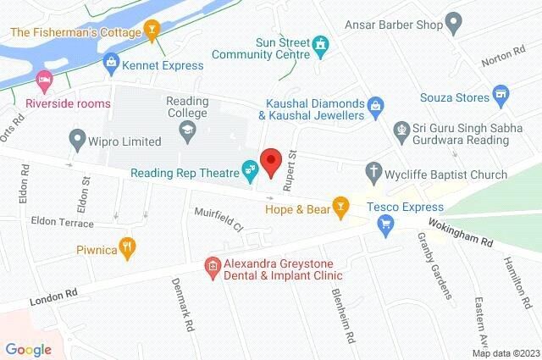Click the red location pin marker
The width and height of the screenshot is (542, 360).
tap(271, 161)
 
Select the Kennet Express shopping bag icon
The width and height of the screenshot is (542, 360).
tap(111, 64)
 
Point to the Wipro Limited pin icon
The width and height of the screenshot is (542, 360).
tap(78, 136)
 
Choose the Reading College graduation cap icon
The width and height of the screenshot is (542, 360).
tap(186, 130)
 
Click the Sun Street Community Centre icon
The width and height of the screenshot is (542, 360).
tap(320, 42)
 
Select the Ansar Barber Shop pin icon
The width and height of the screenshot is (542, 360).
tap(455, 25)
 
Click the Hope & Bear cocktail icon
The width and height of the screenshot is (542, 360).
tap(341, 205)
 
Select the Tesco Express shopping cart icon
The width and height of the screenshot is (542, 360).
tap(386, 224)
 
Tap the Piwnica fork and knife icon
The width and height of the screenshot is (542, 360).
tap(128, 246)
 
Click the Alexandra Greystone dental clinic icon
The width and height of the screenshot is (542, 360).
tap(213, 268)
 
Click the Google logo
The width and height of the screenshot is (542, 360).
tap(28, 348)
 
